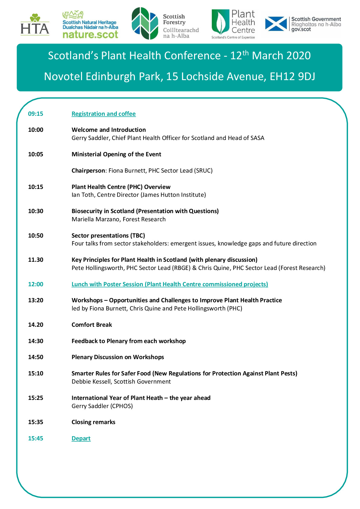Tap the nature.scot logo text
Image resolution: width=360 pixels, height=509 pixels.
coord(90,34)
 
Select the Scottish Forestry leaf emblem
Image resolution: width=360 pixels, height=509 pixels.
coord(145,24)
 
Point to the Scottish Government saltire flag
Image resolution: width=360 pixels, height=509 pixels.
coord(276,24)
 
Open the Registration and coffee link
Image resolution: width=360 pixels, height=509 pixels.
coord(103,114)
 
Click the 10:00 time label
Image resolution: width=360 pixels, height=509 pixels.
coord(36,130)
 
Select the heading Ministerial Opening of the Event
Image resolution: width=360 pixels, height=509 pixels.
coord(116,154)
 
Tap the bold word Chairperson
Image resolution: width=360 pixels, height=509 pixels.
coord(88,171)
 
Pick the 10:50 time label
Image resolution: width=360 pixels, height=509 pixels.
coord(36,236)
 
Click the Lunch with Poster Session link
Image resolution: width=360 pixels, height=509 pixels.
coord(170,284)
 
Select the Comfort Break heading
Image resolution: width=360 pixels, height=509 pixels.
coord(92,325)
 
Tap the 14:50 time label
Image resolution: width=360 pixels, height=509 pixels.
coord(36,357)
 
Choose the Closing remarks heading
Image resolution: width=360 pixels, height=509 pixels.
coord(93,422)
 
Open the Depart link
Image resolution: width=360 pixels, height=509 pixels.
coord(81,439)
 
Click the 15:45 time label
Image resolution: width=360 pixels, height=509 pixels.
coord(36,439)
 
